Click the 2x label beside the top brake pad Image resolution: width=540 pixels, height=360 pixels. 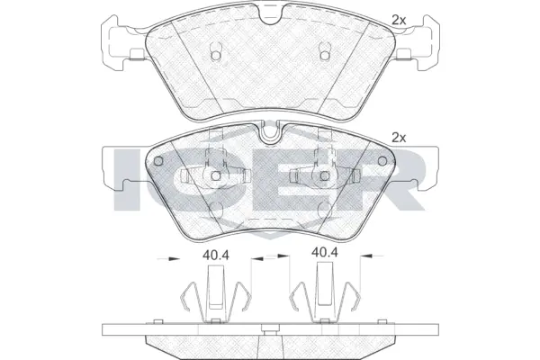tap(399, 18)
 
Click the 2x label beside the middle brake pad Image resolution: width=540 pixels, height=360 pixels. tap(399, 138)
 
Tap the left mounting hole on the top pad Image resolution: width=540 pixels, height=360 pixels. tap(215, 56)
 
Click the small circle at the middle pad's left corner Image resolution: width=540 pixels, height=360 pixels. tap(159, 163)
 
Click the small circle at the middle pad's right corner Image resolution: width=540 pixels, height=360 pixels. tap(381, 163)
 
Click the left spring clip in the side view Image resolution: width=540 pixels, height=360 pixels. tap(214, 297)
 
